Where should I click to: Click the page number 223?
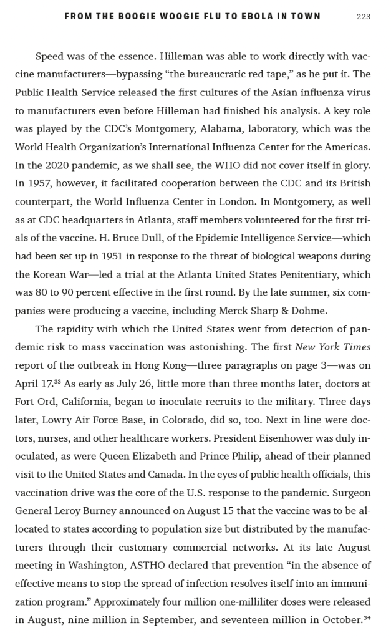363,17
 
